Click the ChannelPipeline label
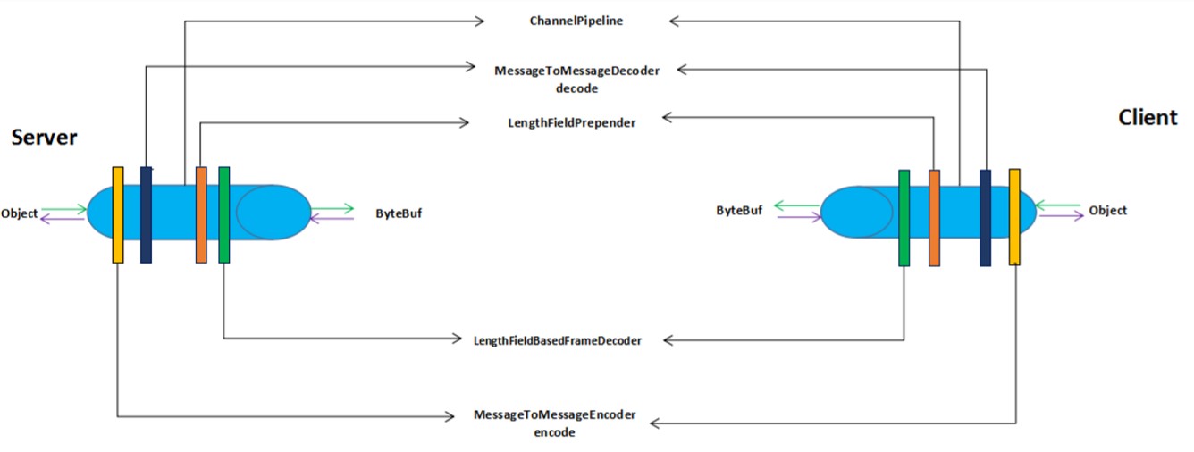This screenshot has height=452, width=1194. coord(576,21)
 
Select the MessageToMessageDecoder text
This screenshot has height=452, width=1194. coord(576,71)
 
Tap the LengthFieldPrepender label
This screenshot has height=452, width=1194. coord(571,123)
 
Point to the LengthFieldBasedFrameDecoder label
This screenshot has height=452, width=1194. coord(557,340)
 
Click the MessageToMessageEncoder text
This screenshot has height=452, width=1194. coord(554,414)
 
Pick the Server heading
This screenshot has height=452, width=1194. coord(45,138)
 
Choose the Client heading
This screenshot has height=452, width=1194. coord(1148,117)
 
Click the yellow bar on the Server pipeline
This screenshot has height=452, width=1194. coord(118,214)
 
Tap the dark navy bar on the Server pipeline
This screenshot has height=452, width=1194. coord(146,214)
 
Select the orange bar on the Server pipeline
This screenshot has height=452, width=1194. coord(201,214)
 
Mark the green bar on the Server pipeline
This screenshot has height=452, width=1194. coord(223,214)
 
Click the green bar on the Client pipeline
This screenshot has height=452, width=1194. coord(904,218)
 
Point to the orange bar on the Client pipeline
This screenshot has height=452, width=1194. coord(934,218)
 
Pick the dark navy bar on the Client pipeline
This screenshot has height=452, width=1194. coord(985,218)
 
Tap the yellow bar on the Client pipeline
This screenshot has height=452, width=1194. coord(1014,217)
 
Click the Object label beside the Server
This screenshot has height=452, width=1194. coord(19,213)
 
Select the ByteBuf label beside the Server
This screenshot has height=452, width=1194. coord(399,213)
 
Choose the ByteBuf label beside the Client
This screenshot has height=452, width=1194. coord(739,211)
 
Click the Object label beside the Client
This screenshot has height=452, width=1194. coord(1107,211)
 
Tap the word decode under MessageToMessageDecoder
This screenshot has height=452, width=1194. coord(576,88)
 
